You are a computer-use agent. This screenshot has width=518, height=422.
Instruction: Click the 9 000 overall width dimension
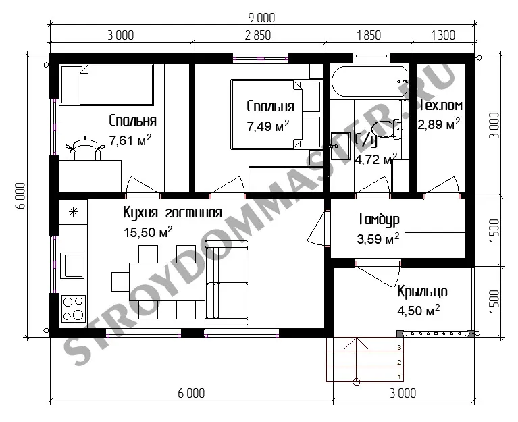[261, 18]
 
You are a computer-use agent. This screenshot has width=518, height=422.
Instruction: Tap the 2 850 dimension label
[258, 35]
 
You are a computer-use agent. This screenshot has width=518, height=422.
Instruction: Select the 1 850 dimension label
[369, 35]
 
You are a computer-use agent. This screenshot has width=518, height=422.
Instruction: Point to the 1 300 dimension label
[443, 35]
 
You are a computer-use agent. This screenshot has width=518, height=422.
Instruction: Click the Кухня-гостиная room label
[172, 213]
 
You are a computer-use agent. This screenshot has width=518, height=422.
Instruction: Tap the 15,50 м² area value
[148, 232]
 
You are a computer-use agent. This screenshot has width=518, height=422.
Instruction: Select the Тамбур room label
[379, 219]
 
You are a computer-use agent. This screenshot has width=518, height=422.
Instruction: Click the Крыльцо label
[422, 292]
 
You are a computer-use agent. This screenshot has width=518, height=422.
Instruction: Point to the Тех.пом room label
[441, 105]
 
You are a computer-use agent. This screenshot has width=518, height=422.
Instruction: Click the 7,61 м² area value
[130, 140]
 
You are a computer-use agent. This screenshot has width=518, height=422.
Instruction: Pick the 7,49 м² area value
[268, 126]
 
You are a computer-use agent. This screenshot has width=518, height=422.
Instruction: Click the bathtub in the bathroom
[370, 82]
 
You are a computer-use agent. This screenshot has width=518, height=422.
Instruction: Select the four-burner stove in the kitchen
[73, 309]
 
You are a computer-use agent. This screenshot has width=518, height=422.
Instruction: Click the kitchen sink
[72, 265]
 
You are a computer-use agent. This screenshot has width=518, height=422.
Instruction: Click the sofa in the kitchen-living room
[226, 283]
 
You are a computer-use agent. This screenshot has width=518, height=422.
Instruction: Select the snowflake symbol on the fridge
[74, 211]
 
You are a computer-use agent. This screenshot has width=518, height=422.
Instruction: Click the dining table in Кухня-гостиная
[167, 282]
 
